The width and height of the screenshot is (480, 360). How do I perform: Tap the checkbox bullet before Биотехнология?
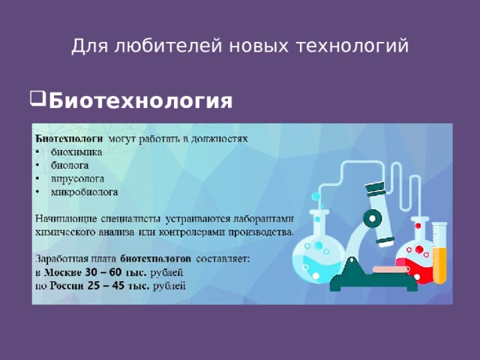[x=38, y=99]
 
